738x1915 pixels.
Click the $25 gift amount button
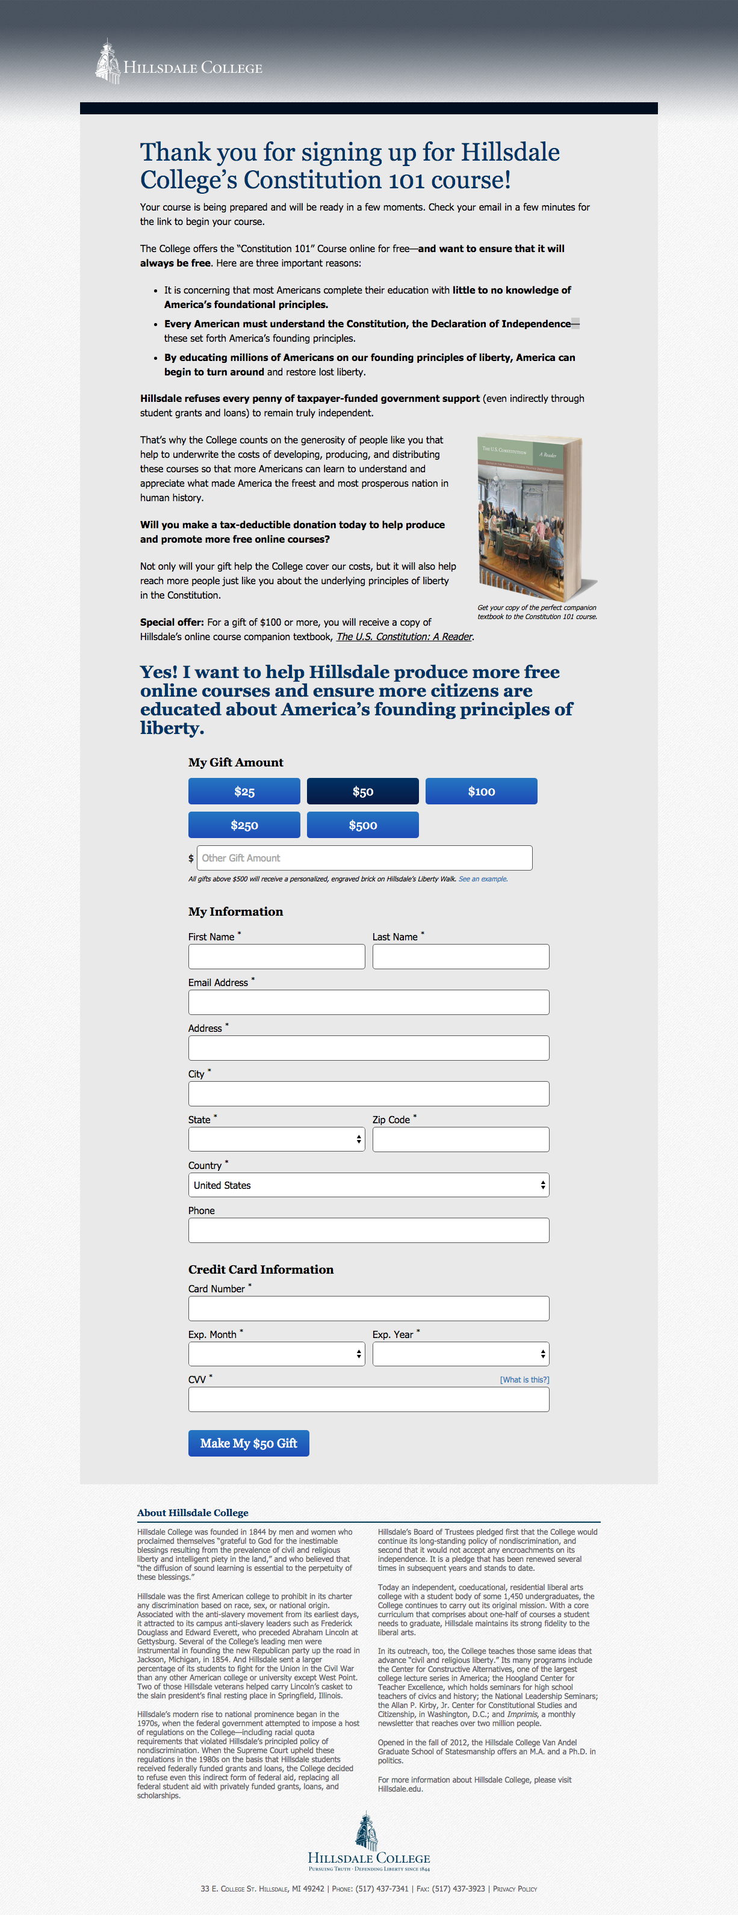pyautogui.click(x=244, y=791)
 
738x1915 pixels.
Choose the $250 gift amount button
pyautogui.click(x=244, y=824)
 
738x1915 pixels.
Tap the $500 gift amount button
pyautogui.click(x=362, y=824)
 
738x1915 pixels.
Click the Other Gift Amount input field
pyautogui.click(x=365, y=858)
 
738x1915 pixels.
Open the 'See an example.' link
pyautogui.click(x=483, y=879)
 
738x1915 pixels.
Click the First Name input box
pyautogui.click(x=276, y=957)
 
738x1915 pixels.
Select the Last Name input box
pyautogui.click(x=460, y=957)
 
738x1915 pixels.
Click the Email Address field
pyautogui.click(x=368, y=1002)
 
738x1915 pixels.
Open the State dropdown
pyautogui.click(x=276, y=1139)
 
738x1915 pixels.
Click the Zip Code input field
pyautogui.click(x=460, y=1139)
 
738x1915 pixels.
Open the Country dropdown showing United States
pyautogui.click(x=368, y=1185)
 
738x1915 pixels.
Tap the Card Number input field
pyautogui.click(x=368, y=1309)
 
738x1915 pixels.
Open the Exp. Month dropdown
pyautogui.click(x=276, y=1354)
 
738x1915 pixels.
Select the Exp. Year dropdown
pyautogui.click(x=460, y=1354)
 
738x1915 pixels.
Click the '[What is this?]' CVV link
pyautogui.click(x=524, y=1380)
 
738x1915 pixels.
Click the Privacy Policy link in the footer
pyautogui.click(x=515, y=1889)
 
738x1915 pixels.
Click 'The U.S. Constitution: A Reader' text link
pyautogui.click(x=404, y=637)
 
